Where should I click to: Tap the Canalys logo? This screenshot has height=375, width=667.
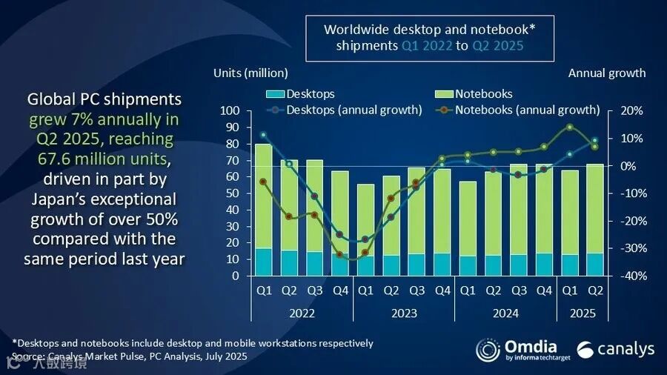(616, 349)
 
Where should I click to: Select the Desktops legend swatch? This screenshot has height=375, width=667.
(274, 94)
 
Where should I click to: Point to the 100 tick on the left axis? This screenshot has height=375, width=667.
(230, 111)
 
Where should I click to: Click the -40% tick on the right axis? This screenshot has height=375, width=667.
(622, 276)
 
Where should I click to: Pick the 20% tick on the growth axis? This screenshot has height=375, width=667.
(620, 111)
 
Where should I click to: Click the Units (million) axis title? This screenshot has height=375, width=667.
(250, 73)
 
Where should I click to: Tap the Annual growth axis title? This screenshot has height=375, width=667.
(607, 73)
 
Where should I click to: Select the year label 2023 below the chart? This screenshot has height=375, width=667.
(404, 313)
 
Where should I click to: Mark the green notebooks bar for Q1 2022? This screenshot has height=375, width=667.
(263, 196)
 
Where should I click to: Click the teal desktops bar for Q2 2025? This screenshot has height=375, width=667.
(594, 265)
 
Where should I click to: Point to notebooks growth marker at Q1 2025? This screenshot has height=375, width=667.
(569, 127)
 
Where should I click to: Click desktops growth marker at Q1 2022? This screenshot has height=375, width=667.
(263, 135)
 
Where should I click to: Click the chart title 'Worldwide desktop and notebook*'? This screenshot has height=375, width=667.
(429, 29)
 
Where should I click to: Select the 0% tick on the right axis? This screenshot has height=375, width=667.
(620, 166)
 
